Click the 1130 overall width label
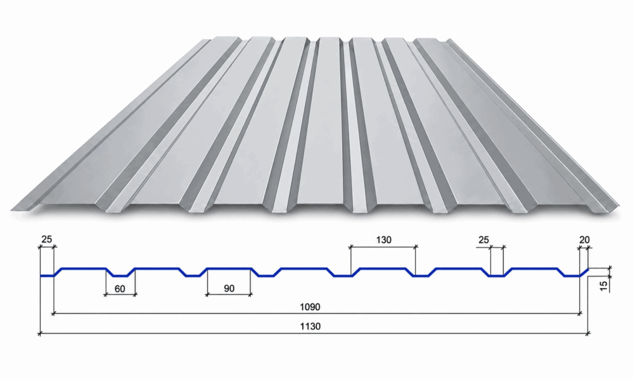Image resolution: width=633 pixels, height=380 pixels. (310, 326)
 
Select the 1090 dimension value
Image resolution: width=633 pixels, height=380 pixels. (310, 307)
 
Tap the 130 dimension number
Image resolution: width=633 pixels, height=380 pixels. (383, 240)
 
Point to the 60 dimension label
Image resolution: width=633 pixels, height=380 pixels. (120, 289)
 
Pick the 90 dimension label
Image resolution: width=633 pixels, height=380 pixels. (229, 288)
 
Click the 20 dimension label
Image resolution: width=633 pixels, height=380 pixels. (584, 240)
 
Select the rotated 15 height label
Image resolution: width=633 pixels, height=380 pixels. (603, 286)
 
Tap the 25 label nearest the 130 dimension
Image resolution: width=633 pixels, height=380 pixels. (483, 240)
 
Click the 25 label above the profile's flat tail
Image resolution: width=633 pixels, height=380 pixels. (47, 239)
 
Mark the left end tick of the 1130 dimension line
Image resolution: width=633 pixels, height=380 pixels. (39, 334)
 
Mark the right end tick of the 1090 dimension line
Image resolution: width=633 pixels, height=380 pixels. (580, 313)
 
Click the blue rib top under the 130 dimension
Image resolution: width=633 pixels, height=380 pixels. (383, 269)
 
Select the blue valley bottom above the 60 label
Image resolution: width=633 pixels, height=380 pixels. (120, 276)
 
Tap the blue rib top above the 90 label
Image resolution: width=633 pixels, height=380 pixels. (229, 269)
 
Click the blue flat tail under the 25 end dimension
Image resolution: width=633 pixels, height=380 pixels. (47, 276)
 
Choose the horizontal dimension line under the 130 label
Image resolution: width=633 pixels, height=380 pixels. (383, 246)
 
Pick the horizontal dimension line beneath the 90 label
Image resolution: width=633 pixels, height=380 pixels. (229, 295)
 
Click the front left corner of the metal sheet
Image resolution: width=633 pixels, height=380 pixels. (11, 210)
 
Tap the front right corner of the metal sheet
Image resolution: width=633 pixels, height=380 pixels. (619, 206)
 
